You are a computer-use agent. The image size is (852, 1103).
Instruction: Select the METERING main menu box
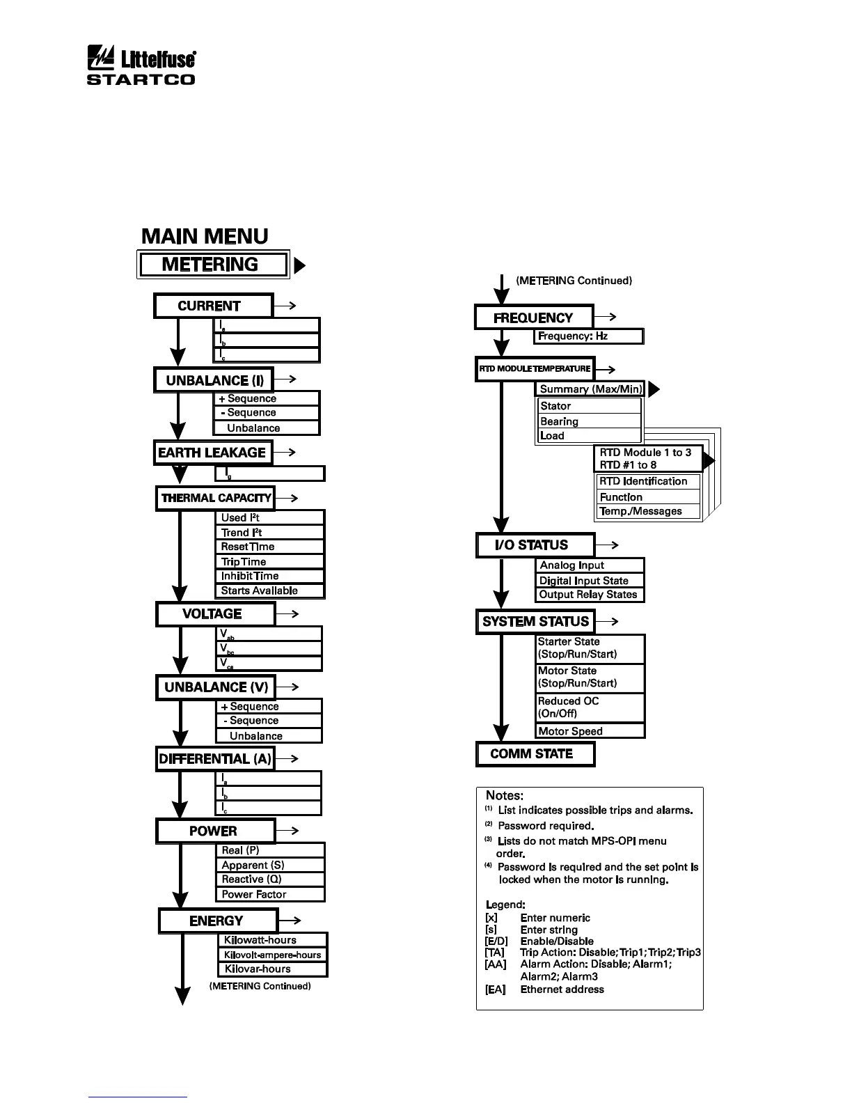[x=212, y=265]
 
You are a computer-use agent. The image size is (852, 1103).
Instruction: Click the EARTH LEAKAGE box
[x=212, y=453]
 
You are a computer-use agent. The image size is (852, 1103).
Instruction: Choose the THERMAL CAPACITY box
[x=215, y=498]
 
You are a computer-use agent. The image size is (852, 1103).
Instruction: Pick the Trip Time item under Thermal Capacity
[x=269, y=562]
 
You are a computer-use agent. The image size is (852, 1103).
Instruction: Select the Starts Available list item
[x=269, y=591]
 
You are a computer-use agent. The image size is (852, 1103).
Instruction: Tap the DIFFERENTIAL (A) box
[x=214, y=759]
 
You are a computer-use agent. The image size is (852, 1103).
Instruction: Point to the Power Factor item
[x=270, y=895]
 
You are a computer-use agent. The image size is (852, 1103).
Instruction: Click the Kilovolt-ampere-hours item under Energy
[x=272, y=955]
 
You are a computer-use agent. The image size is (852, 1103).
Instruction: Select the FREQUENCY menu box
[x=534, y=318]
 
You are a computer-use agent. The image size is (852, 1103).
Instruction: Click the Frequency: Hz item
[x=588, y=336]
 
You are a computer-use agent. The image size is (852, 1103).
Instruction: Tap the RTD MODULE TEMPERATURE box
[x=535, y=369]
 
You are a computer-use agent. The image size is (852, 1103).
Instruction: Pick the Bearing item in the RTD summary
[x=589, y=421]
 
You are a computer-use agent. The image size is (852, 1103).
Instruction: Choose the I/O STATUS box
[x=535, y=545]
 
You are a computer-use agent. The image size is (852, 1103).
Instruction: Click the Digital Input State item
[x=590, y=581]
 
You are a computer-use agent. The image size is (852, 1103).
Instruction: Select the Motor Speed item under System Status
[x=590, y=731]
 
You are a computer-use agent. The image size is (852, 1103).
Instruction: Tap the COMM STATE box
[x=535, y=754]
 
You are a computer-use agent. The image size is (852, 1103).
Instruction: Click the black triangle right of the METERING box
[x=300, y=266]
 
